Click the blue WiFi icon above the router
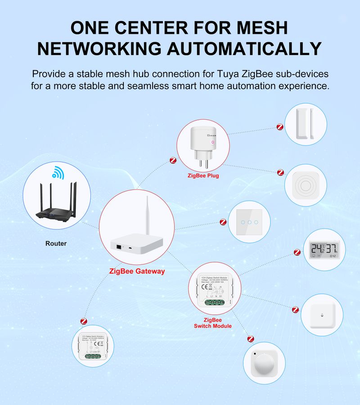point(58,173)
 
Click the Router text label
point(56,243)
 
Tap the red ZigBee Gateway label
point(137,271)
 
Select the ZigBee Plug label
point(203,175)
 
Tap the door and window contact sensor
point(306,125)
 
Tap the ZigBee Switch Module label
point(213,323)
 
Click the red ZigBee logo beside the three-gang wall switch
point(223,222)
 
